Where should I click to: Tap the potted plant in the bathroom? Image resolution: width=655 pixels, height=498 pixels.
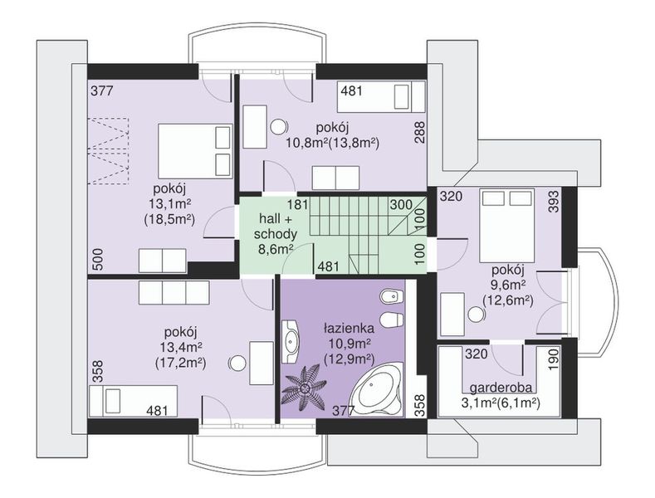[304, 388]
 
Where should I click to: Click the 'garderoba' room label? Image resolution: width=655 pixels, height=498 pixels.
[501, 388]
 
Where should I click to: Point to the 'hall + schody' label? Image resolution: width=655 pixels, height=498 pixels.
[276, 226]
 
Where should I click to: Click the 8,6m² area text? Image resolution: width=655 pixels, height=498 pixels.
[276, 250]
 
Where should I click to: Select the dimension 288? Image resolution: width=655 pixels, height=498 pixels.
[419, 133]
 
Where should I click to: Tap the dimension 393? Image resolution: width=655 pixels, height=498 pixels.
[553, 202]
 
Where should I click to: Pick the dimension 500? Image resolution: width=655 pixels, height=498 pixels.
[97, 260]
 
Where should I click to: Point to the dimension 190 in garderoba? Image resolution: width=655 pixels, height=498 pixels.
[553, 359]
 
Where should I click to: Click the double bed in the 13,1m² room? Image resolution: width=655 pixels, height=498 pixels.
[195, 151]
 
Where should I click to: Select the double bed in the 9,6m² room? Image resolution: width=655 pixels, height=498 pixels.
[507, 226]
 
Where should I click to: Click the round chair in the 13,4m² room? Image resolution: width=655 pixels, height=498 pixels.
[238, 363]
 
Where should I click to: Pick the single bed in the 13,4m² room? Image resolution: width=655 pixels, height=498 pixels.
[134, 401]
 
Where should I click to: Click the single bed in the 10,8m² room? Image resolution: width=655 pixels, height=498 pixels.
[381, 97]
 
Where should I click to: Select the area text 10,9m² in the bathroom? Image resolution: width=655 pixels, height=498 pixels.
[349, 344]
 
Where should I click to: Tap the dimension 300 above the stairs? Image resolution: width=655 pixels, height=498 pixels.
[401, 205]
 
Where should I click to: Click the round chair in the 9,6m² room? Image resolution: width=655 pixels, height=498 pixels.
[475, 315]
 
